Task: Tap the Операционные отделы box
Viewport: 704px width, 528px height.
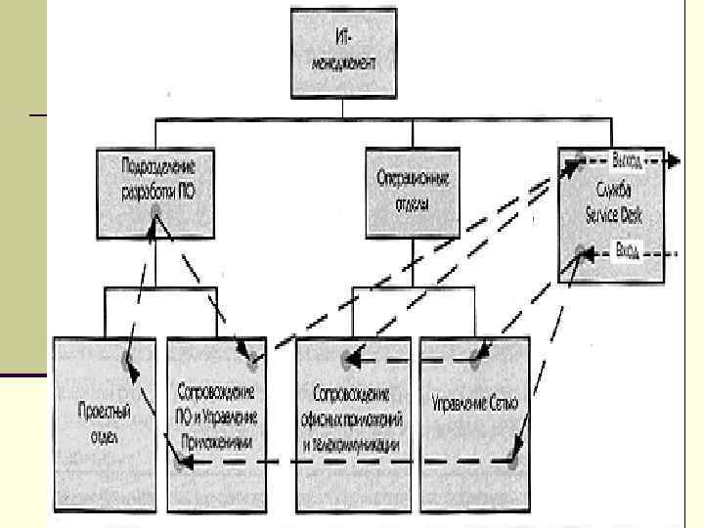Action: click(x=411, y=192)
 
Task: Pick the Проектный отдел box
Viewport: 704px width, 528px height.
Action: click(x=104, y=422)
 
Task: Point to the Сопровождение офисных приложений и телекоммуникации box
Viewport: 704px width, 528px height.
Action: click(x=354, y=422)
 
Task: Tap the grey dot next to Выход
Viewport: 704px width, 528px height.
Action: click(x=579, y=159)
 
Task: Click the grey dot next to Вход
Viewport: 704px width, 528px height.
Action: click(x=582, y=251)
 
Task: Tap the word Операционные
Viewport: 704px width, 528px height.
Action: click(x=412, y=180)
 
